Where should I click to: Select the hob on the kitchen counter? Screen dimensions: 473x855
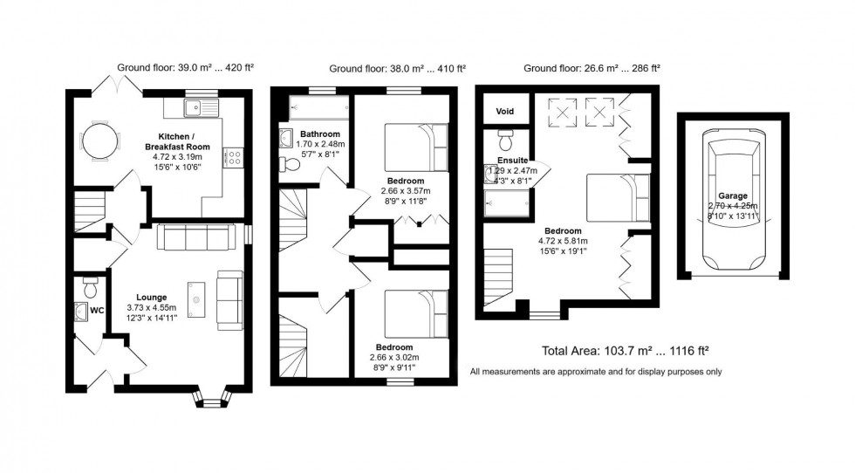coord(232,158)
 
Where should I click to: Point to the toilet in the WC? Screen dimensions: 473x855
coord(90,285)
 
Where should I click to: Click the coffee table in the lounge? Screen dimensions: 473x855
coord(195,297)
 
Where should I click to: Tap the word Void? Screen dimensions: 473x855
coord(505,112)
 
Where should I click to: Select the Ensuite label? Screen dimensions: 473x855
coord(511,161)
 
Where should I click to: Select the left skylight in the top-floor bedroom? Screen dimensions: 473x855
coord(562,111)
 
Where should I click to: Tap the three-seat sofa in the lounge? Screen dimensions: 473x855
coord(195,236)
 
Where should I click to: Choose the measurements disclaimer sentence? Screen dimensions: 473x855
coord(595,373)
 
